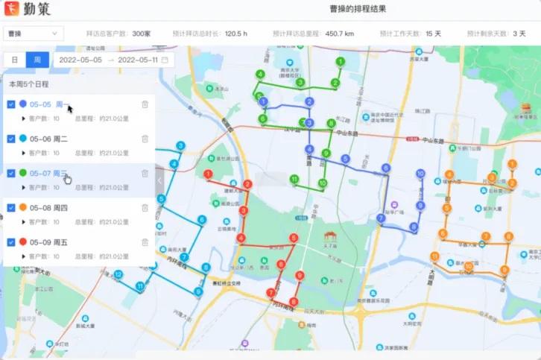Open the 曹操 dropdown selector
point(34,34)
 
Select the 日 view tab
point(15,60)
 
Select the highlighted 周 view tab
point(37,60)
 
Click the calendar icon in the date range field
point(165,60)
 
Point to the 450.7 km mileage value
point(340,34)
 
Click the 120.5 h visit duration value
point(235,34)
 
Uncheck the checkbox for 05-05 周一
point(11,105)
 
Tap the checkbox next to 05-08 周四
point(11,207)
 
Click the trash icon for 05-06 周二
point(145,139)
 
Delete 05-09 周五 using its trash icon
point(145,242)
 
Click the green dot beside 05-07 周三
point(23,173)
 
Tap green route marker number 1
point(340,62)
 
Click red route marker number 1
point(208,174)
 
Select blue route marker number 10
point(420,174)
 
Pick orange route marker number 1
point(512,164)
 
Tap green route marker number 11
point(294,179)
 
